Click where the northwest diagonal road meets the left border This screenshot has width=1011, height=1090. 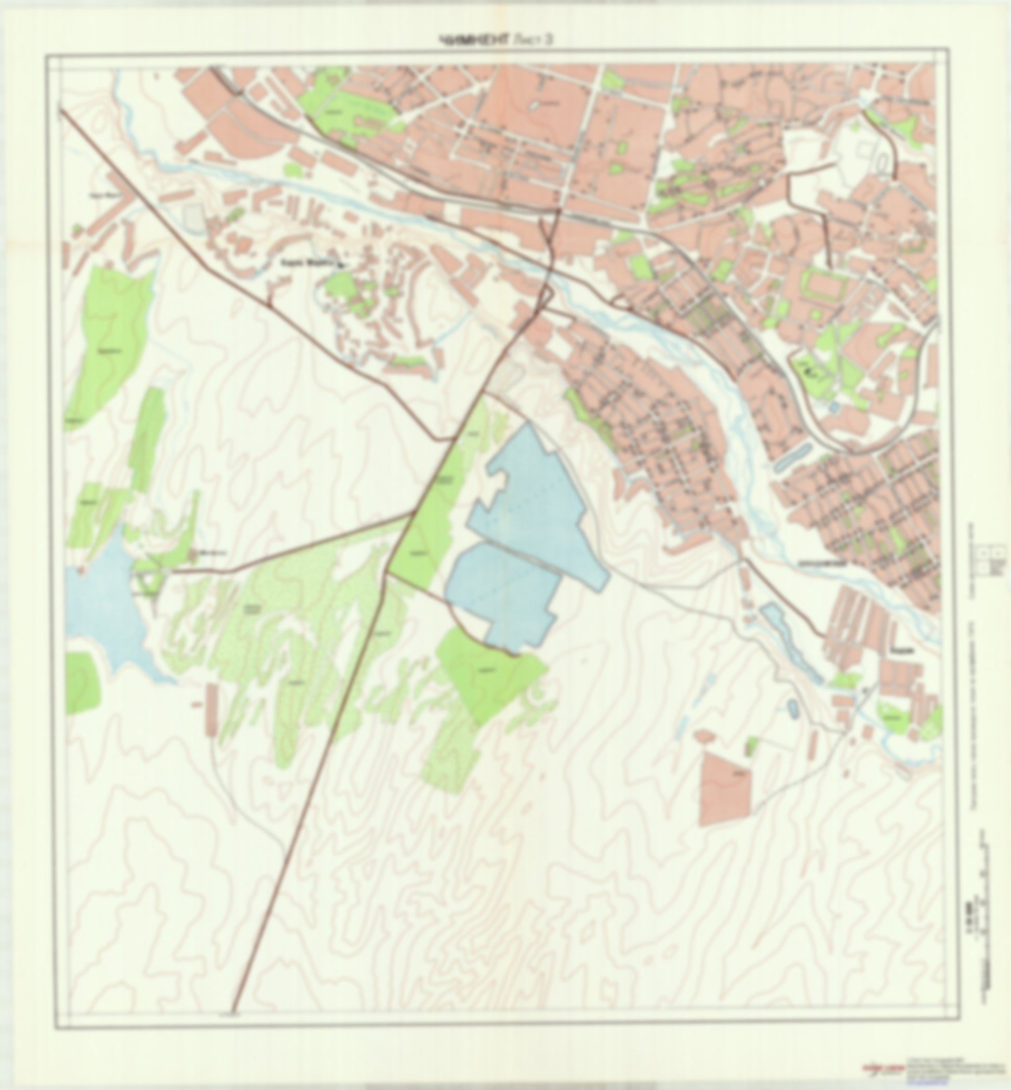point(60,110)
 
